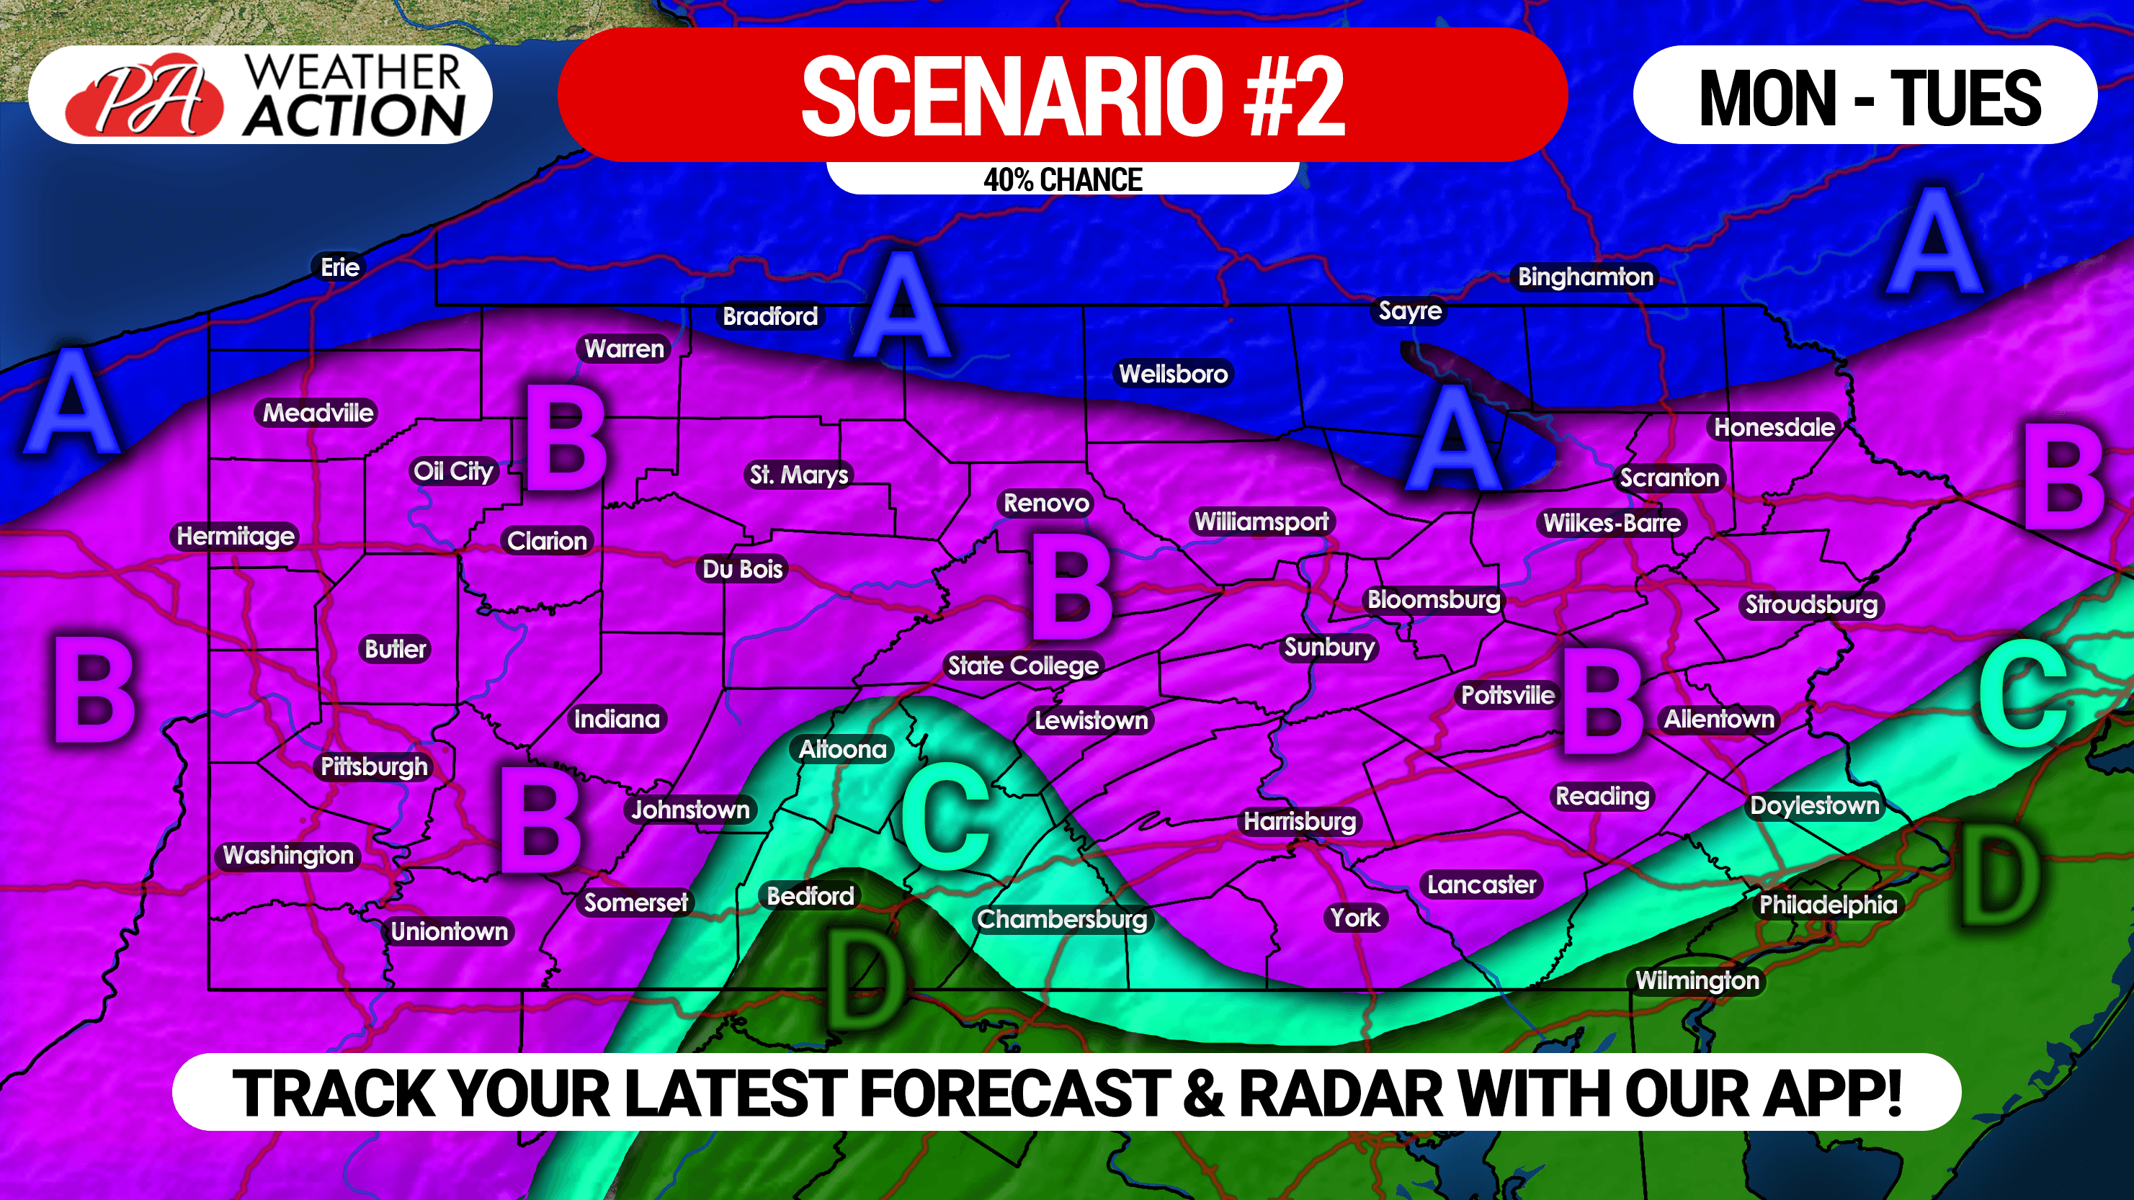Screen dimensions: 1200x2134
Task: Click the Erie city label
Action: (x=339, y=267)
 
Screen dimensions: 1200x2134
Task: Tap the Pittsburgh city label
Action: (x=374, y=766)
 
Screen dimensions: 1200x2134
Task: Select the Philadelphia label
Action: (x=1828, y=905)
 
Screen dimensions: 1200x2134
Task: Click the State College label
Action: (x=1022, y=665)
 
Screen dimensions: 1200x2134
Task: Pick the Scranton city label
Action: (x=1669, y=478)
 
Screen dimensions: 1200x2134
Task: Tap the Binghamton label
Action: (x=1585, y=277)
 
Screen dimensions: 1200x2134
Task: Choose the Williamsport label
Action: (x=1261, y=521)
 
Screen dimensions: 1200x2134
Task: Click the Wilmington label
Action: (x=1697, y=980)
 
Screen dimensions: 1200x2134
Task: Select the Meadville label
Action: (x=318, y=413)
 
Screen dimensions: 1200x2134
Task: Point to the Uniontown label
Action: (x=449, y=931)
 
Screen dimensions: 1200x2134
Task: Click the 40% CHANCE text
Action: (x=1062, y=179)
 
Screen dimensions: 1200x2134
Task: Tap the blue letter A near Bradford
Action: (x=902, y=305)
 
